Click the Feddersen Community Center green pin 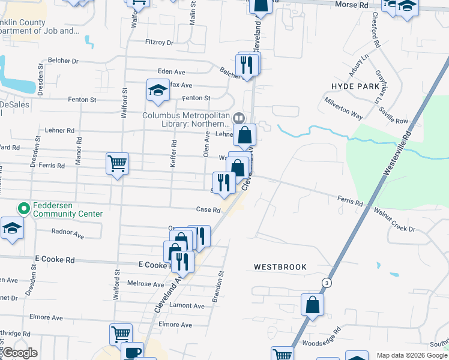(x=24, y=209)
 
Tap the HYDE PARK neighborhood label (x=357, y=86)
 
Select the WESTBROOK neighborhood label (x=280, y=266)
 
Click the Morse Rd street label (x=355, y=5)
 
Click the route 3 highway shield (x=326, y=283)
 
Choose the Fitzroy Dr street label (x=159, y=43)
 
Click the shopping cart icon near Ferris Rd (x=117, y=163)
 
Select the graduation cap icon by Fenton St (x=158, y=91)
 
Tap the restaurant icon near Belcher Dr (x=247, y=63)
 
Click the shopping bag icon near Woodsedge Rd (x=312, y=304)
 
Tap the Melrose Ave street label (x=145, y=284)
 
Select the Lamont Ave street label (x=187, y=305)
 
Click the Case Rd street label (x=208, y=210)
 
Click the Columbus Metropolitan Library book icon (x=239, y=118)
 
